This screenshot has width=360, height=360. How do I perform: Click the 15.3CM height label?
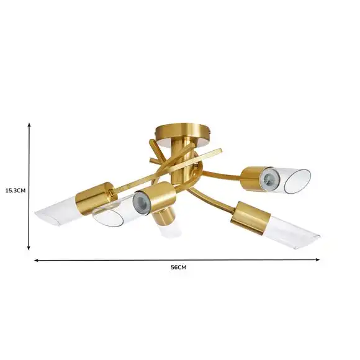[x=16, y=191]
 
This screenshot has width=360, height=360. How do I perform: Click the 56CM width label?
[x=178, y=268]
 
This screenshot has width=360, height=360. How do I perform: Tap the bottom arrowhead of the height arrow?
[x=29, y=248]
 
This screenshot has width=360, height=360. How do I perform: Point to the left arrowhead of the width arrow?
[x=36, y=260]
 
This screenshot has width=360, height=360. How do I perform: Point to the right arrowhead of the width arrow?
[x=318, y=259]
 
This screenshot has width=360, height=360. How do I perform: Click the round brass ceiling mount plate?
[x=182, y=133]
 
